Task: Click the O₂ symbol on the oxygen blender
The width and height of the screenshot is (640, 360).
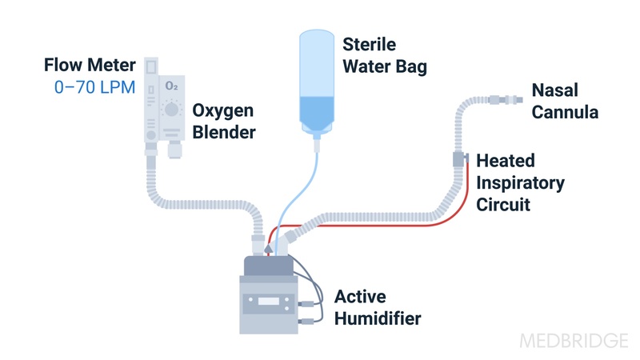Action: pos(171,86)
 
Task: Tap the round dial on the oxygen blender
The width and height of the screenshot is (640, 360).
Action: pos(171,111)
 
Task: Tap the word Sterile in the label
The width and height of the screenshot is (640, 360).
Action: pos(369,44)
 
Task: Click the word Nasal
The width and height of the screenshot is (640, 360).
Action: pos(555,90)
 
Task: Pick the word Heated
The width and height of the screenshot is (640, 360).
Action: pos(506,161)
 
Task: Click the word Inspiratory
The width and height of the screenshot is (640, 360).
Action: pos(520,182)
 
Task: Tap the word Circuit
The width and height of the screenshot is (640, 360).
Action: pos(503,205)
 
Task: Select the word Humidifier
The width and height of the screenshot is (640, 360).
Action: pos(378,318)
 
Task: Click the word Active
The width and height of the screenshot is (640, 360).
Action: pos(361,296)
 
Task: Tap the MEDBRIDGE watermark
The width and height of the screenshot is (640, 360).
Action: pos(574,341)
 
